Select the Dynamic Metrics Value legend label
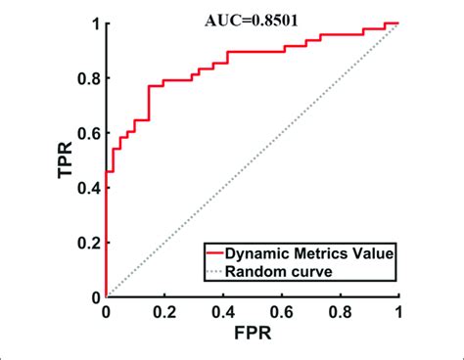tap(311, 252)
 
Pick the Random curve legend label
tap(285, 270)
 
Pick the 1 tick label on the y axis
tap(95, 23)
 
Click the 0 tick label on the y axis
tap(95, 296)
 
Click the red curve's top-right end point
tap(398, 23)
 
